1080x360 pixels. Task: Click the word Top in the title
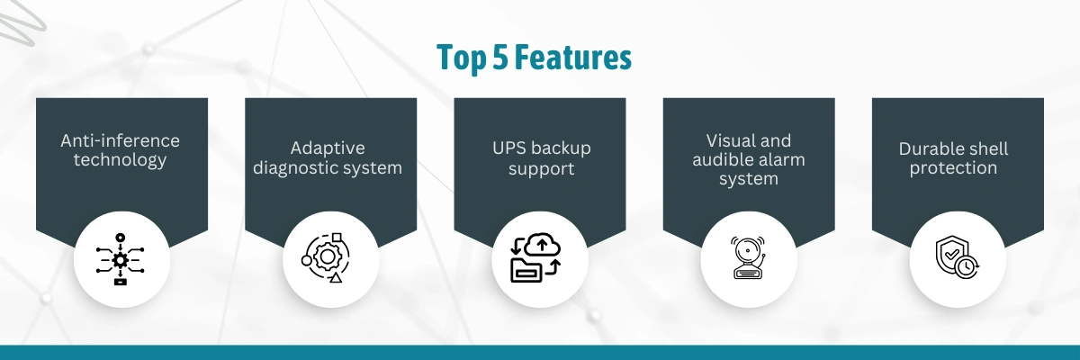462,58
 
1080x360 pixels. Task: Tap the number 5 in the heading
500,57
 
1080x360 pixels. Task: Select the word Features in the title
573,57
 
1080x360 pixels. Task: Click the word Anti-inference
120,140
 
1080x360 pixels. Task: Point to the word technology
120,160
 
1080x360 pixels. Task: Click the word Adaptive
328,148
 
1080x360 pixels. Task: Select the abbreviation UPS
508,148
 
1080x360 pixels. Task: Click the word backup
560,148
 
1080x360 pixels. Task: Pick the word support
541,169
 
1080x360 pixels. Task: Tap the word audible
722,159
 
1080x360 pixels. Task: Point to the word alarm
781,159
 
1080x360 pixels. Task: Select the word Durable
929,148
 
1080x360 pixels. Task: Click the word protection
953,168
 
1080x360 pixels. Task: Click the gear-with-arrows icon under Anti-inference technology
120,260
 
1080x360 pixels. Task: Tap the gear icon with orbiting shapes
326,257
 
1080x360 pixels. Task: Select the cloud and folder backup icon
535,257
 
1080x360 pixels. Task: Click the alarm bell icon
747,257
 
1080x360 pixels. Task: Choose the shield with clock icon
957,256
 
